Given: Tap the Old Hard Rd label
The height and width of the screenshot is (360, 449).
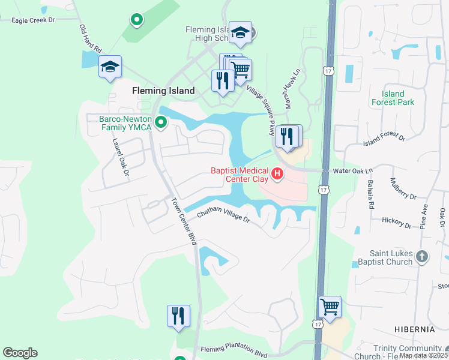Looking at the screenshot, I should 91,39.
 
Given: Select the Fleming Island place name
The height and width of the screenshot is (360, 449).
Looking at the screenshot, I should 163,91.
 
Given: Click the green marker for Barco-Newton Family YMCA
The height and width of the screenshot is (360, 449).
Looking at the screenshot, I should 160,123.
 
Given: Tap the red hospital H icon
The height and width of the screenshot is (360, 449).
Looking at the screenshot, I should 277,175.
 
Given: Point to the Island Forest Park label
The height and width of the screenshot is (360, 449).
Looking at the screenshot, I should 397,98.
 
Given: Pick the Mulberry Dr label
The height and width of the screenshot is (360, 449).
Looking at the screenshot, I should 403,188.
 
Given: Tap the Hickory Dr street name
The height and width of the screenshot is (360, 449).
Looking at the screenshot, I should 396,223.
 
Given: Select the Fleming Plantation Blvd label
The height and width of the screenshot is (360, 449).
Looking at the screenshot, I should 234,350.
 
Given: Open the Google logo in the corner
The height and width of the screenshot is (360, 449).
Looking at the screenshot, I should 20,353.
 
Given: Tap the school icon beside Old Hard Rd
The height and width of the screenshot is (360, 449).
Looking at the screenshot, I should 110,67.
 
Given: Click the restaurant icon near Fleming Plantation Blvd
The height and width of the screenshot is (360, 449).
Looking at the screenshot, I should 178,316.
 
